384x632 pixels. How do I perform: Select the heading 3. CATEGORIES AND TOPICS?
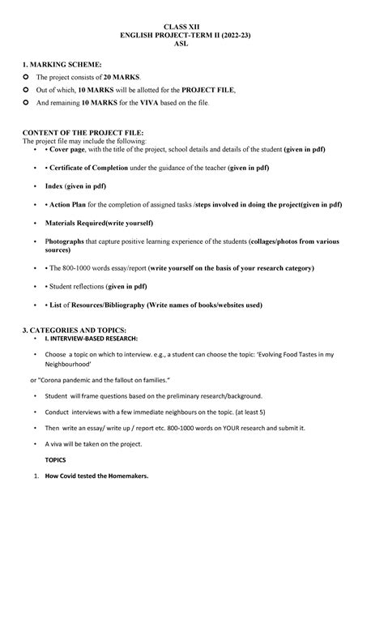coord(74,331)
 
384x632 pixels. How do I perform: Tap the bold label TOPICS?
coord(56,460)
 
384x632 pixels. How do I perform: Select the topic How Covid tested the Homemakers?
coord(97,476)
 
